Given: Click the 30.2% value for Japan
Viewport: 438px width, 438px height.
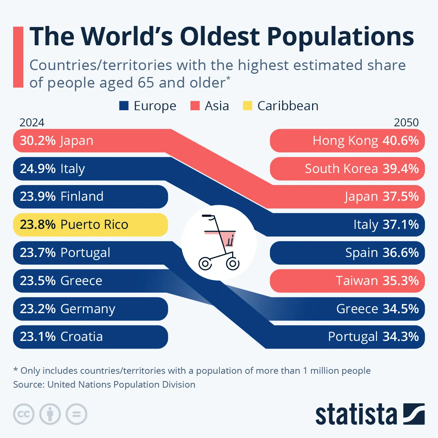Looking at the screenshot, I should (x=38, y=141).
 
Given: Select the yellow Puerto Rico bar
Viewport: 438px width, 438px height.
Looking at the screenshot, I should (x=90, y=224).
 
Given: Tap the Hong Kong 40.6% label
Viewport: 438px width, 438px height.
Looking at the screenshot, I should (x=365, y=141).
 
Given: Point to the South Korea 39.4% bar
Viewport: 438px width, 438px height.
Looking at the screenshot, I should (x=347, y=169).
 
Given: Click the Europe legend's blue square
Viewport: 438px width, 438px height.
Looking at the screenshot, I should (x=124, y=106).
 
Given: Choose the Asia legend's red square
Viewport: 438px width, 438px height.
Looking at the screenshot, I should (x=195, y=106).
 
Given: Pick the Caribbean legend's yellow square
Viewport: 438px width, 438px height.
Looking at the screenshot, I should (x=247, y=106).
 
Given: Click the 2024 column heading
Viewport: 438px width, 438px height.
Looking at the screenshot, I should (x=32, y=122).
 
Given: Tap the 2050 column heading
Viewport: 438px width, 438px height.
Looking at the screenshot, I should (x=406, y=122).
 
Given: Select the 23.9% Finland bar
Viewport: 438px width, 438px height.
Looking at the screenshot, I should (x=90, y=197).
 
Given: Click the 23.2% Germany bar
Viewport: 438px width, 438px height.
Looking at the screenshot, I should (x=90, y=309).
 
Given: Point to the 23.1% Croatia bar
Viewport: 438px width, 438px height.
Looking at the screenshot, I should (x=90, y=337).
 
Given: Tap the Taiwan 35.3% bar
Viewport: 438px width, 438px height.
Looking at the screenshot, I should (x=347, y=281).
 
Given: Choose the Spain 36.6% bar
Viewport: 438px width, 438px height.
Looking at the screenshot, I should (x=347, y=253).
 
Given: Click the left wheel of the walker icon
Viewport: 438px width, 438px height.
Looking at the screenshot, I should (x=205, y=263).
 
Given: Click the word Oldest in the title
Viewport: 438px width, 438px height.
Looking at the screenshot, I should (x=219, y=36).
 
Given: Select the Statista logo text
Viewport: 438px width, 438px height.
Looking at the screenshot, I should (x=356, y=415).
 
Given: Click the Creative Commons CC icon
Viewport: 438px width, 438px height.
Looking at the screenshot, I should (x=24, y=414).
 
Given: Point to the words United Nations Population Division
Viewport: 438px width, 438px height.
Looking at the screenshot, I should (x=121, y=384).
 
